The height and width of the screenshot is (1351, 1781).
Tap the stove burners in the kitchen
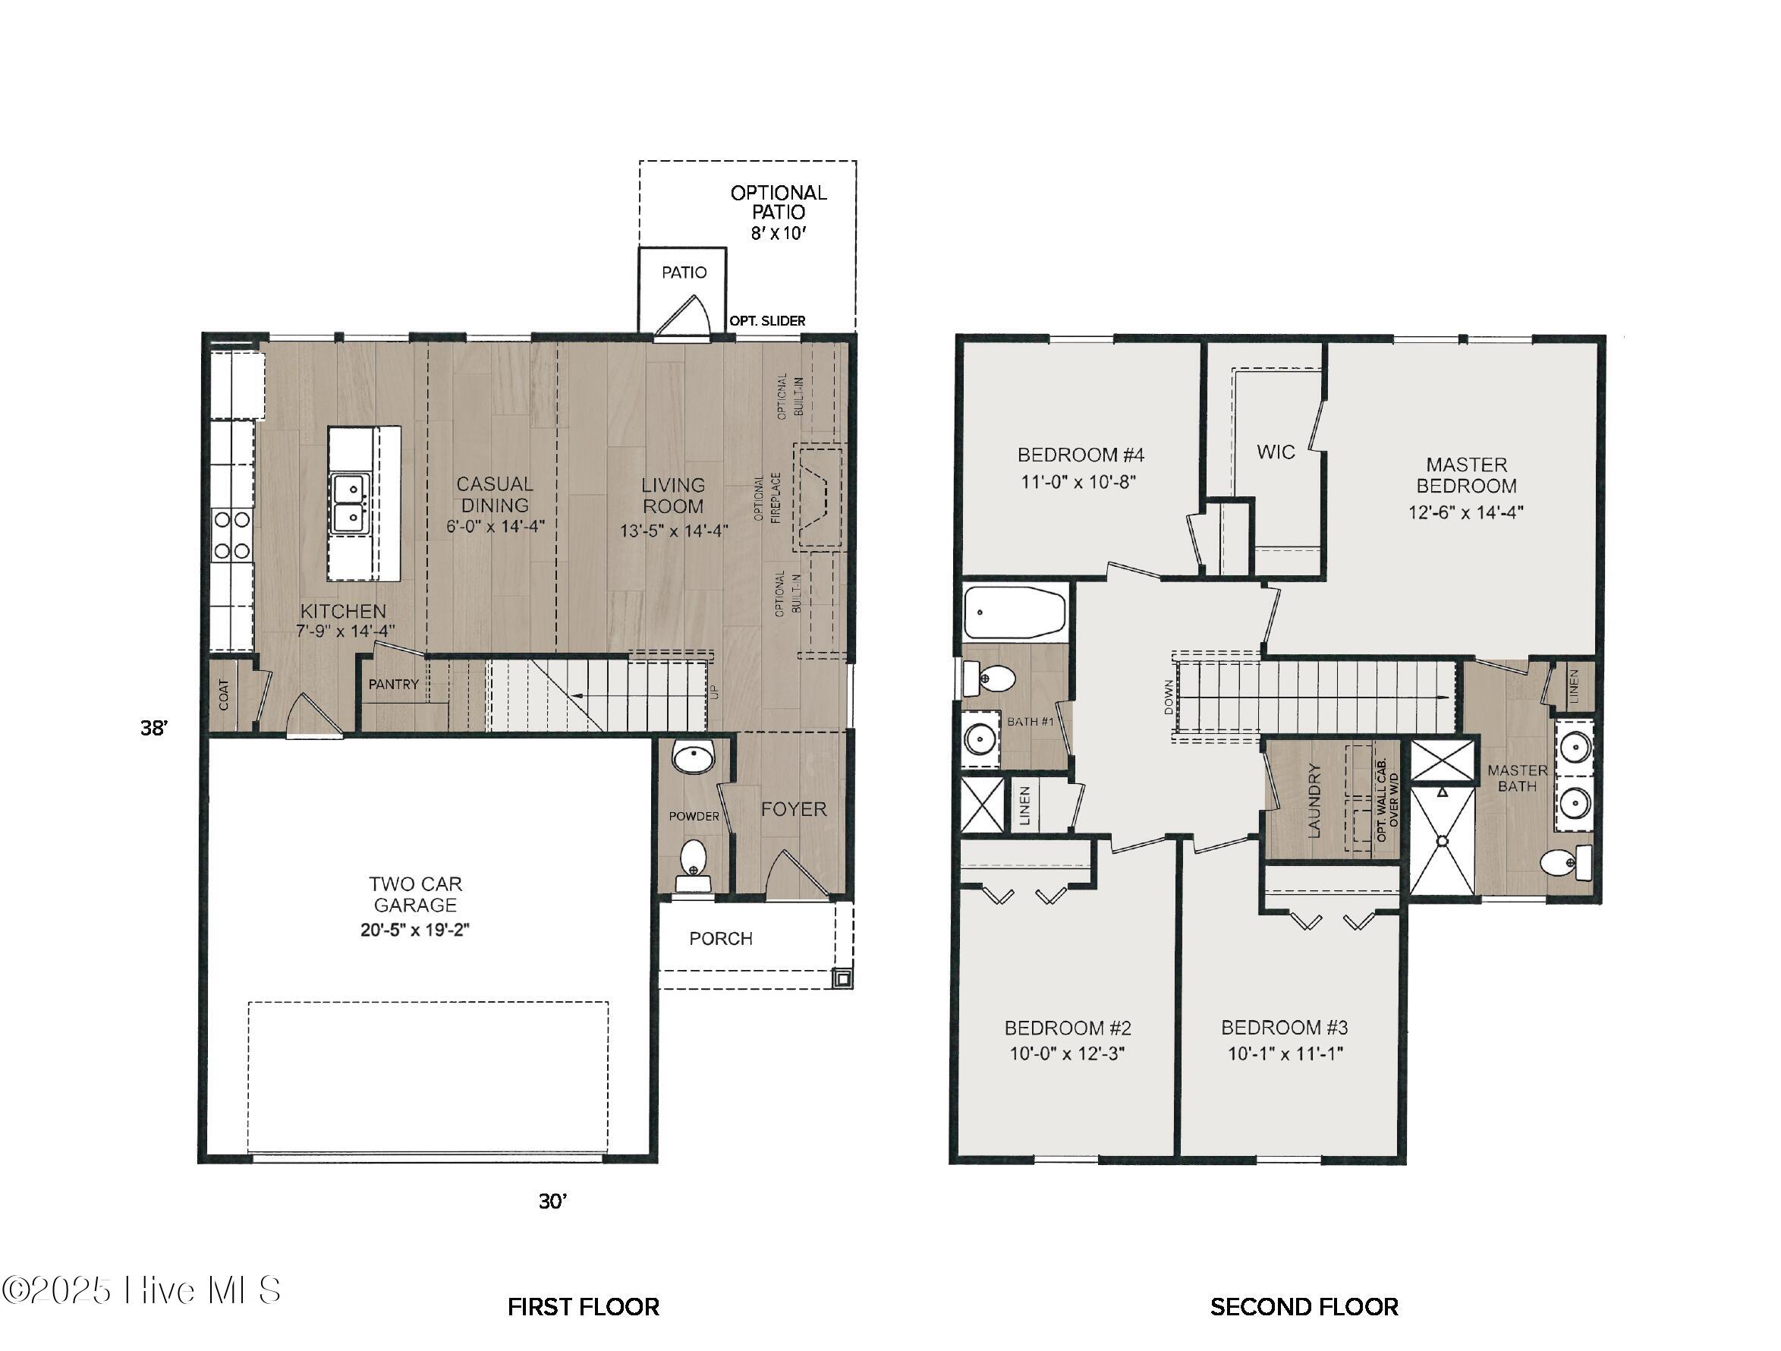(231, 535)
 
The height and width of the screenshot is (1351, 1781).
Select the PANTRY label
(394, 685)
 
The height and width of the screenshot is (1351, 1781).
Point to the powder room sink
(694, 758)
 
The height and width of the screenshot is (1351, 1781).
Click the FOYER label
(794, 809)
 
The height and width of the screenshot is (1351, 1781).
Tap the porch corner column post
(842, 978)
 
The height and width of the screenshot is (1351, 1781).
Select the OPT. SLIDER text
(767, 320)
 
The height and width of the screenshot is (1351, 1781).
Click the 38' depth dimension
(154, 728)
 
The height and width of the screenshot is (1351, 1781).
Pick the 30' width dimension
(553, 1201)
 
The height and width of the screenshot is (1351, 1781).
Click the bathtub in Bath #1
(1015, 613)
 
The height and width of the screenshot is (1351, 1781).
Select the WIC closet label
(1276, 452)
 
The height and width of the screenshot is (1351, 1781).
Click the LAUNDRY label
(1315, 801)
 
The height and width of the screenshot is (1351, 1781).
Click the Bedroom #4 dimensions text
(1079, 482)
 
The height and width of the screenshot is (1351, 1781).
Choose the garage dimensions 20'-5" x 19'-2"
(415, 930)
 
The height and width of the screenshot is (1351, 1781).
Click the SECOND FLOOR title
(1304, 1307)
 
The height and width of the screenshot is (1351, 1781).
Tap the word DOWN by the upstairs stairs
(1169, 698)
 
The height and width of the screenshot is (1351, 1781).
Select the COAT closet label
(224, 694)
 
